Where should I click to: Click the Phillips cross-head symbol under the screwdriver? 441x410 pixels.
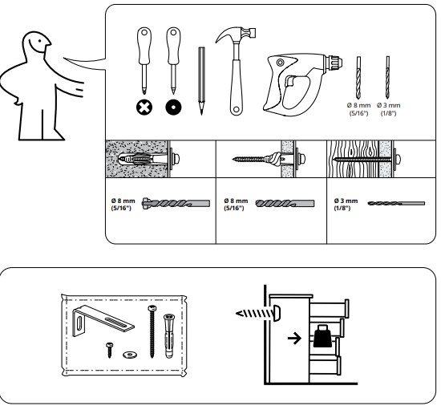pos(144,108)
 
